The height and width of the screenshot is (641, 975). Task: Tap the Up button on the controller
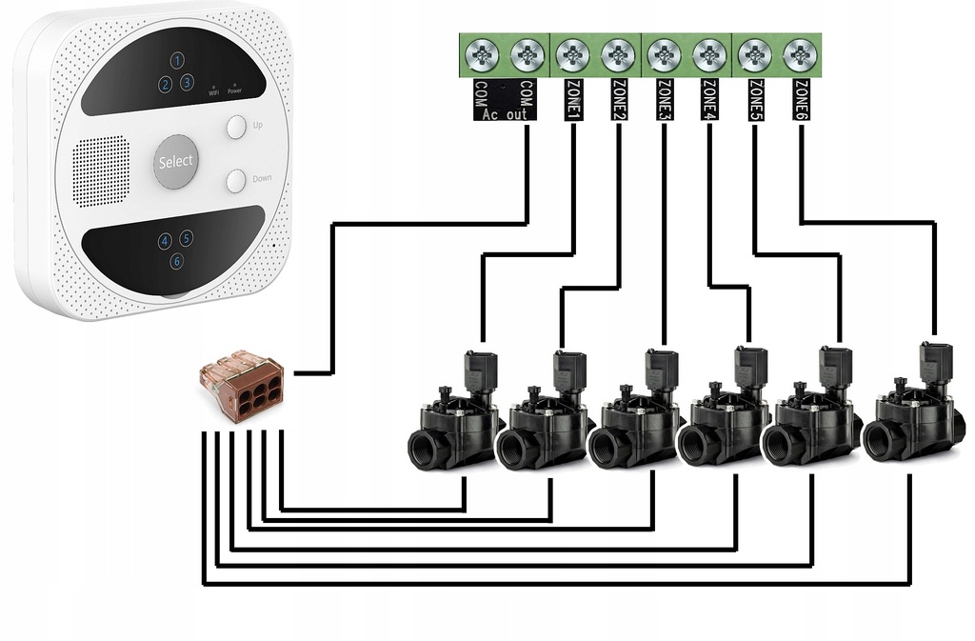[235, 127]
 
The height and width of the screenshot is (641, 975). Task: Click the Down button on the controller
[235, 179]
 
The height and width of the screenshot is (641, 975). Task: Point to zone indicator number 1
[177, 60]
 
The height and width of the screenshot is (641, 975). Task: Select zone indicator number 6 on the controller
[177, 261]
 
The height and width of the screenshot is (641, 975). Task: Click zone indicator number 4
[165, 242]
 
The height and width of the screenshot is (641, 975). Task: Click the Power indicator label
[234, 90]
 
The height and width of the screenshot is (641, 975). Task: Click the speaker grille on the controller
[101, 170]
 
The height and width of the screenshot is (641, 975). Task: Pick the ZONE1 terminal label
[574, 100]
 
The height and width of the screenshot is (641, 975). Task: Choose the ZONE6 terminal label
[802, 100]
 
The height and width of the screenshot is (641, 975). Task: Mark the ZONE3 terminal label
[665, 100]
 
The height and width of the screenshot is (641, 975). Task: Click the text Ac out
[504, 114]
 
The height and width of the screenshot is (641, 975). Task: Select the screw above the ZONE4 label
[709, 55]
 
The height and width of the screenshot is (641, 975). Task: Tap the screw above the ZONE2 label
[619, 55]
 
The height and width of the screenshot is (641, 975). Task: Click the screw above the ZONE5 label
[755, 55]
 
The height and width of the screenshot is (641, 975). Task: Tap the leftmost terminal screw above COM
[482, 55]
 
